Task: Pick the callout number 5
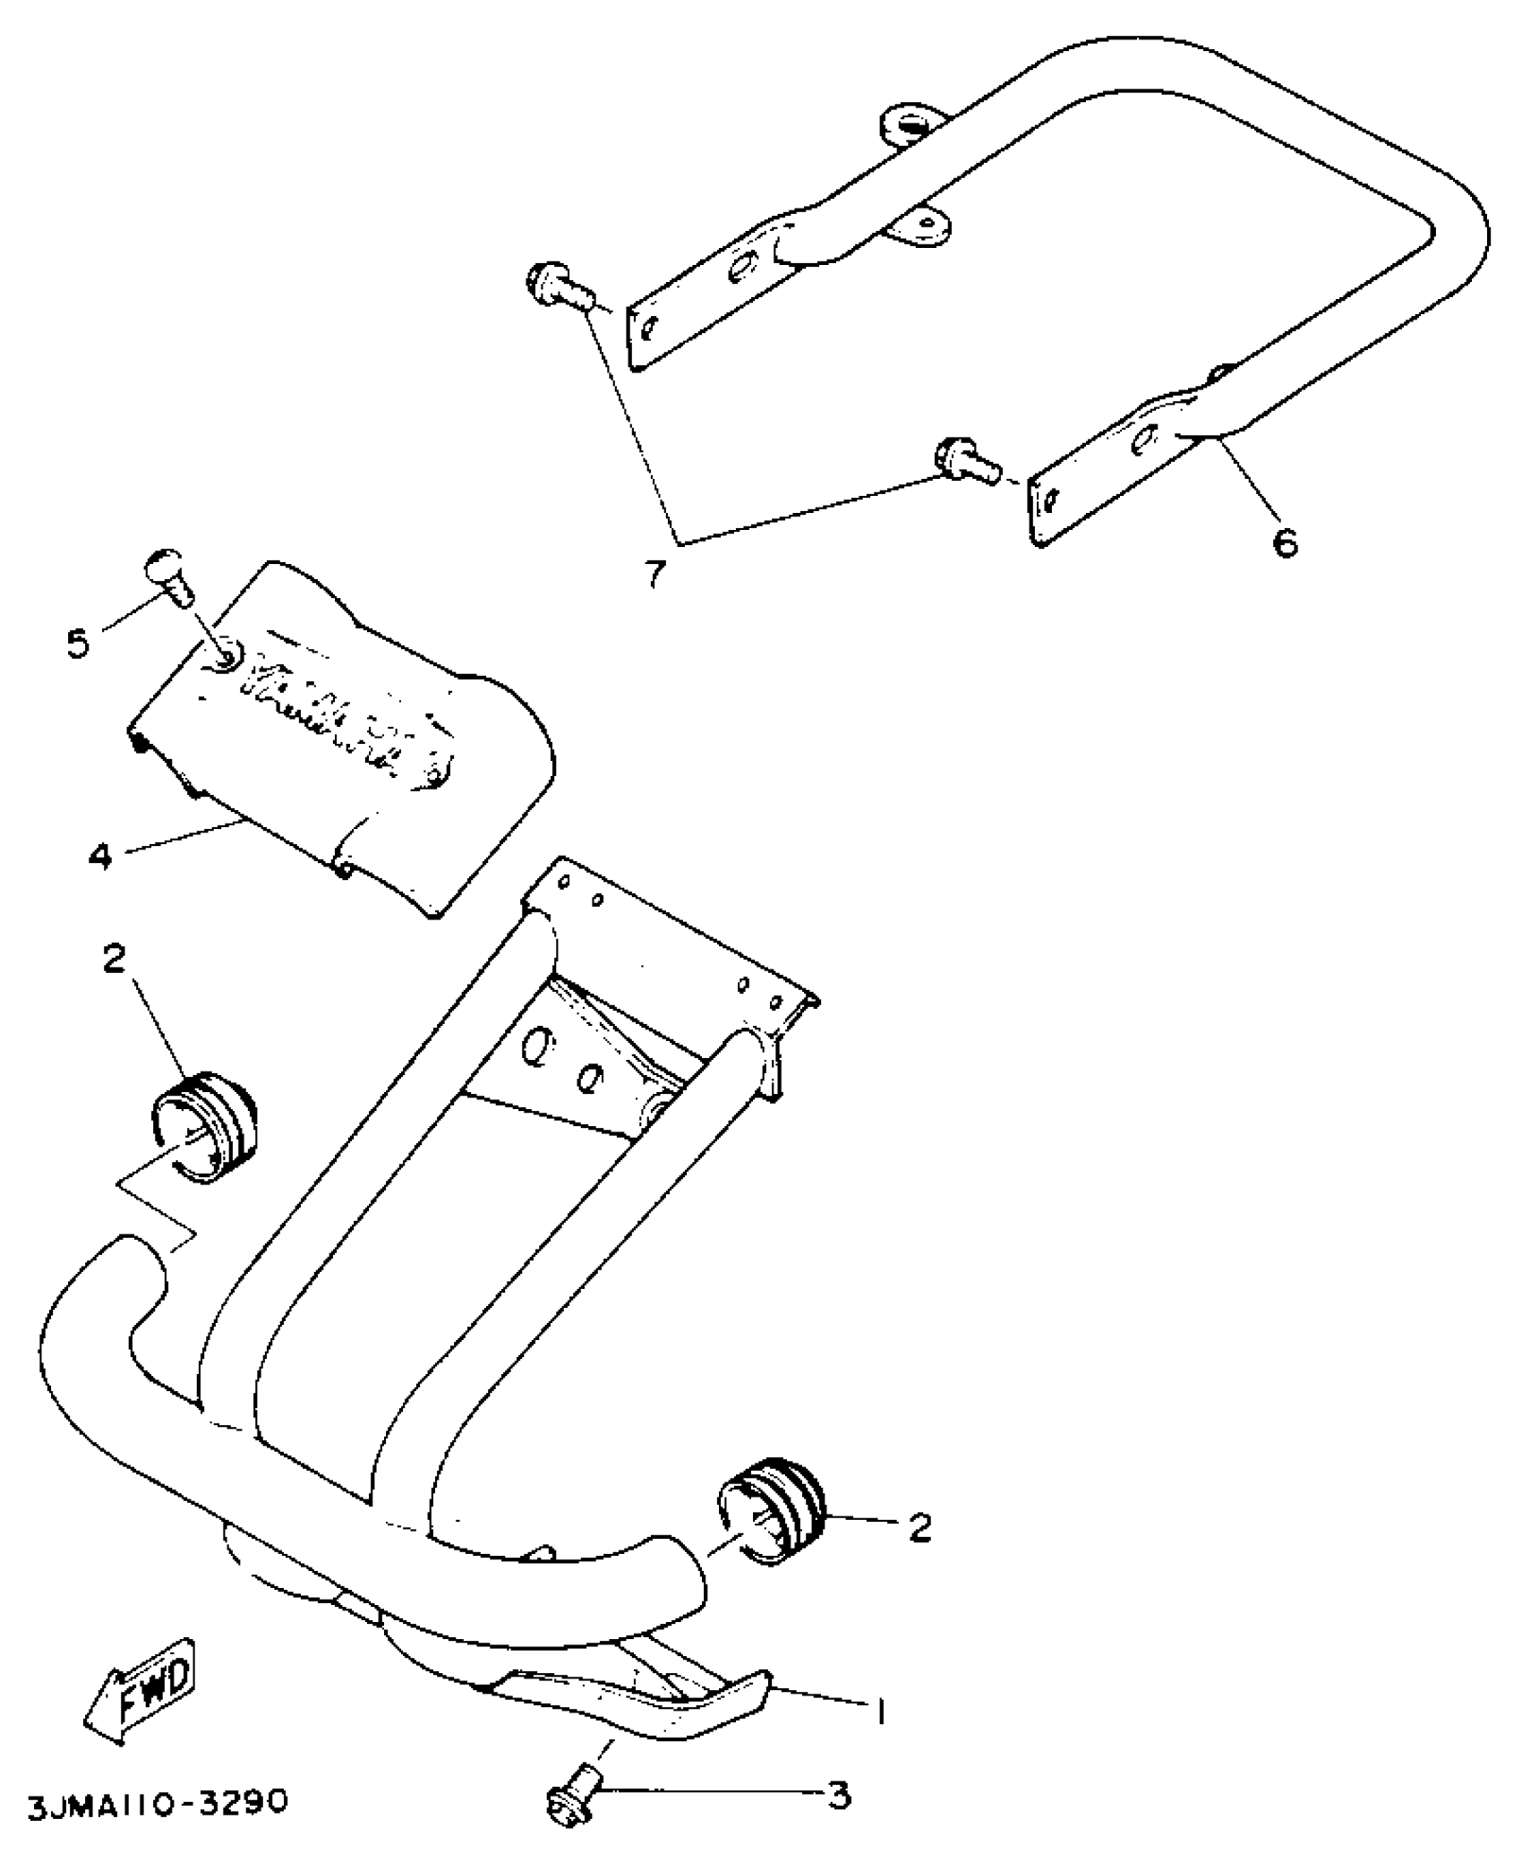tap(79, 642)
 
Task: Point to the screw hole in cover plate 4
tap(222, 660)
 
